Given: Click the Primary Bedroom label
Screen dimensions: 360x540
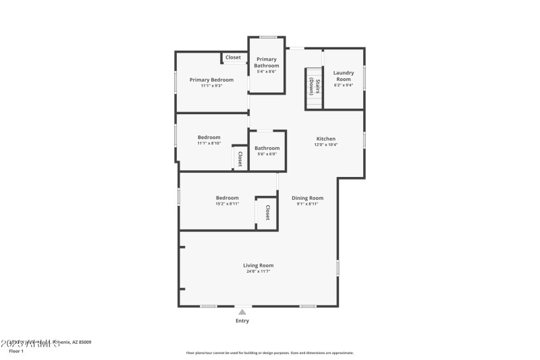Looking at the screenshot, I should [211, 80].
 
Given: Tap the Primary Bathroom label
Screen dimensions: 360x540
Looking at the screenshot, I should [267, 62].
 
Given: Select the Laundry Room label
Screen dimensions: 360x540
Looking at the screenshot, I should [344, 76].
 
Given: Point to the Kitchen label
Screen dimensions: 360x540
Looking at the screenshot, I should [325, 138].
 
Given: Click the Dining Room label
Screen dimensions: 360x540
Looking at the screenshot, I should [307, 198].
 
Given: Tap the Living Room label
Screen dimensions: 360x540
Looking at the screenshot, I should [258, 265].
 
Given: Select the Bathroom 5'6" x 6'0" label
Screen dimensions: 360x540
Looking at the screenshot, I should [267, 148].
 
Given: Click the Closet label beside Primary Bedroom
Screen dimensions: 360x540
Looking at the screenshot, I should [233, 57].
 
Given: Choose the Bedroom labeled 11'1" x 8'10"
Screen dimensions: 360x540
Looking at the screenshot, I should [209, 137].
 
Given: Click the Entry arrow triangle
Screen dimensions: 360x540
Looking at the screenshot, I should [242, 311].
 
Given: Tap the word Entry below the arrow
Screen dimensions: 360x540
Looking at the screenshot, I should [242, 321].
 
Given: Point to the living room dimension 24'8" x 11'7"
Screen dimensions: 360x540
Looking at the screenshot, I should [258, 272].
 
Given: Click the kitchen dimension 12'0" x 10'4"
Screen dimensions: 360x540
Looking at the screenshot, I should [325, 145].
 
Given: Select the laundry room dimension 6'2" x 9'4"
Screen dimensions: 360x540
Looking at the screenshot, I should [344, 85].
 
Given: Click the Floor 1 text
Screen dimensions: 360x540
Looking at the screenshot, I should [16, 351].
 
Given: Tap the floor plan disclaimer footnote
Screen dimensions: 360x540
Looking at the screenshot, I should [269, 353].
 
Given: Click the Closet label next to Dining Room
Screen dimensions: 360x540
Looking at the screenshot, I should [267, 213].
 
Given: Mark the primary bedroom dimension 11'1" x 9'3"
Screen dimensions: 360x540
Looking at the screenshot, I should [211, 86].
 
